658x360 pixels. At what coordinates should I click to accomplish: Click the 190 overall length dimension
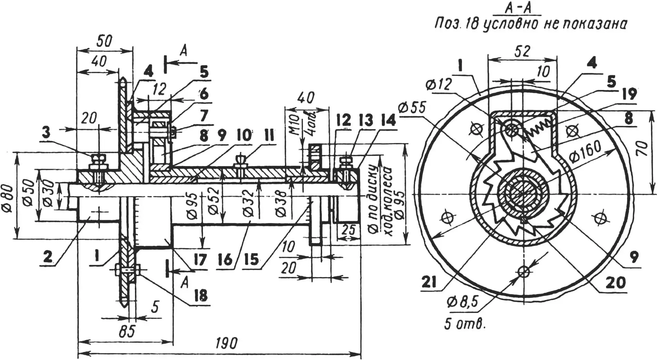[227, 343]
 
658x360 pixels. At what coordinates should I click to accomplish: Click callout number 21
[429, 283]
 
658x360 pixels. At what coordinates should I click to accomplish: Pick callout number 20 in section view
[615, 283]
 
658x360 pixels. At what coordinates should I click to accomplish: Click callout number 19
[630, 94]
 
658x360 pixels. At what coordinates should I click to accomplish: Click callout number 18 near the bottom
[200, 295]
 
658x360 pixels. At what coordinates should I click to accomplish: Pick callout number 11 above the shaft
[268, 136]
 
